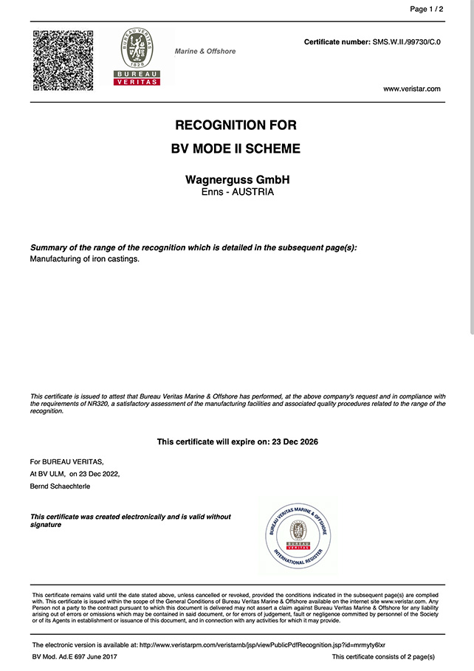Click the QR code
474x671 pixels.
(63, 60)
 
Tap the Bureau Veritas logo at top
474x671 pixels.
(137, 57)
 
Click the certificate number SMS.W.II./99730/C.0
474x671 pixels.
(406, 42)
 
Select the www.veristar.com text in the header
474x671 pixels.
(411, 89)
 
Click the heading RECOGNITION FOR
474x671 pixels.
(236, 125)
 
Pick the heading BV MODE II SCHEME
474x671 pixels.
(236, 148)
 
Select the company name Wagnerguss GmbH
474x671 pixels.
(236, 180)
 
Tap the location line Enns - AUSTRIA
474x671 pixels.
(237, 192)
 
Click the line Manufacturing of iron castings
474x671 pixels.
(84, 259)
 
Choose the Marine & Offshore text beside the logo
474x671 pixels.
(205, 52)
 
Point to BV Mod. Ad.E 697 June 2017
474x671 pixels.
(75, 657)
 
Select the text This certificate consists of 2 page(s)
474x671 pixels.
(383, 657)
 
